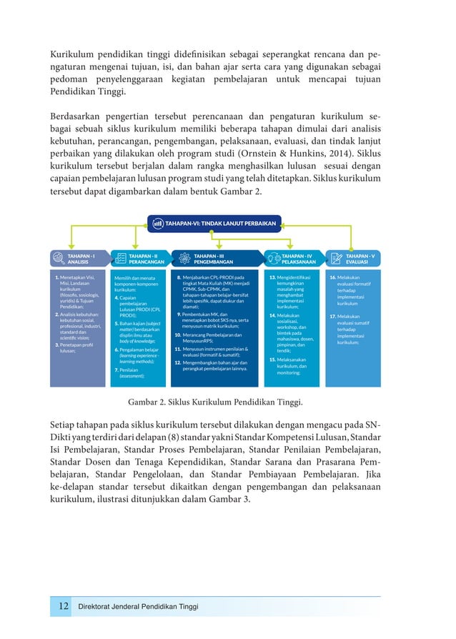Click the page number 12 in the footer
[x=63, y=606]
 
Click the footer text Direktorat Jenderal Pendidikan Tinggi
[x=138, y=607]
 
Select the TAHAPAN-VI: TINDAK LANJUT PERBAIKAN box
[x=214, y=223]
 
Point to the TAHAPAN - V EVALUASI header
[x=360, y=258]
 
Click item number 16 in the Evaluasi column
[x=332, y=277]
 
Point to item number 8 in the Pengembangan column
[x=178, y=277]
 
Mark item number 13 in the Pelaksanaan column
[x=272, y=277]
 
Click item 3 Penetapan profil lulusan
[x=77, y=348]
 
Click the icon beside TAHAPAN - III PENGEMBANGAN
[x=184, y=258]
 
